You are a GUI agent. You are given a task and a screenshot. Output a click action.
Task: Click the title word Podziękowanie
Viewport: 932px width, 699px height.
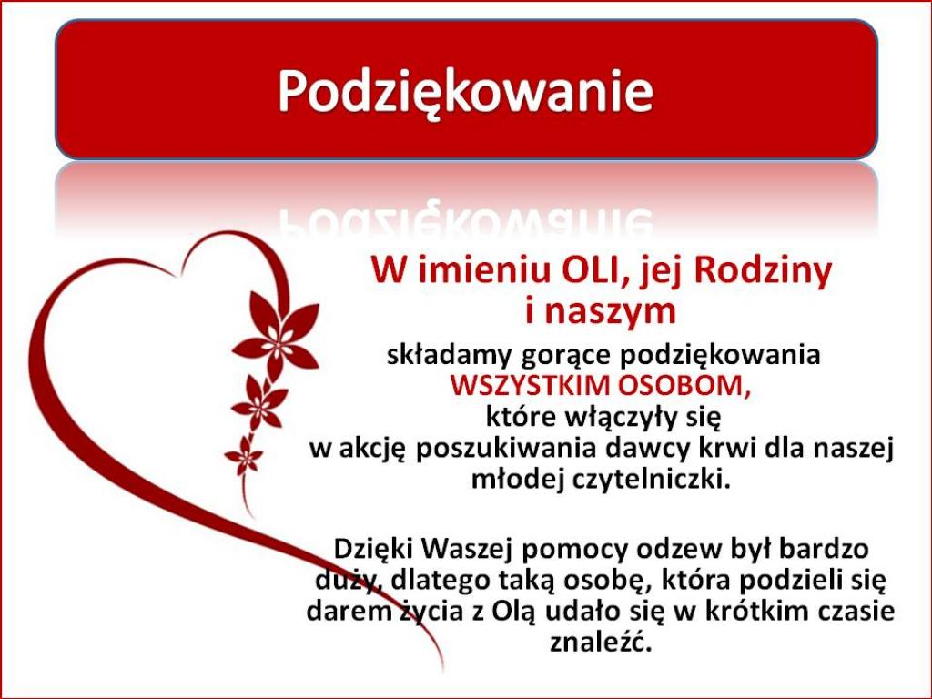pyautogui.click(x=465, y=92)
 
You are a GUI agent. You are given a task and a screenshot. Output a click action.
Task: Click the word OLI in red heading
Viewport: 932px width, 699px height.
pyautogui.click(x=589, y=271)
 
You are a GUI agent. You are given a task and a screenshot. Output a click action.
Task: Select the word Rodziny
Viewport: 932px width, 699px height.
pyautogui.click(x=763, y=273)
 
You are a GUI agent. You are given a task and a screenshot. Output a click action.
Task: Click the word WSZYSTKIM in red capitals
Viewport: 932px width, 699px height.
pyautogui.click(x=530, y=386)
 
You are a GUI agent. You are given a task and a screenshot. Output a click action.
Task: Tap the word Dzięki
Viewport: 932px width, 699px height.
pyautogui.click(x=372, y=549)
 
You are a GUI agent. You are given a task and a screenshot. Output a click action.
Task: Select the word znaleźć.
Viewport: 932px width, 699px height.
pyautogui.click(x=601, y=642)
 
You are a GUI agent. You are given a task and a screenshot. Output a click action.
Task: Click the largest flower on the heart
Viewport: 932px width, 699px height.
pyautogui.click(x=276, y=335)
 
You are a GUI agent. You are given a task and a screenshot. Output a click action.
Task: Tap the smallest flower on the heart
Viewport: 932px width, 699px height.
pyautogui.click(x=243, y=456)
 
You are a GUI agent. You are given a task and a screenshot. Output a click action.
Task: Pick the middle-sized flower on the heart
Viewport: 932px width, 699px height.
pyautogui.click(x=259, y=403)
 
